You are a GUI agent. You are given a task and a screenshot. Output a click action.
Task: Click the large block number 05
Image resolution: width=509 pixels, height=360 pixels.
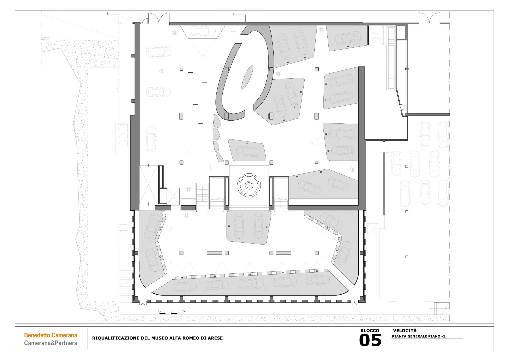[370, 341]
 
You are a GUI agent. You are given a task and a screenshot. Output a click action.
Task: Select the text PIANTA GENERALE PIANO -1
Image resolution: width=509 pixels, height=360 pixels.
[418, 336]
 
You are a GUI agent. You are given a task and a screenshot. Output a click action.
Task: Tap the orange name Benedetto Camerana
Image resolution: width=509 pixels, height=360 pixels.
[51, 335]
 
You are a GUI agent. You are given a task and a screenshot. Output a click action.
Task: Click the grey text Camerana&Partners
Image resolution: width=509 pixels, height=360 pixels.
[51, 343]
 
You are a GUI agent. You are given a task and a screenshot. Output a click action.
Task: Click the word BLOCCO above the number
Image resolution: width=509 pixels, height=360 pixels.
[370, 331]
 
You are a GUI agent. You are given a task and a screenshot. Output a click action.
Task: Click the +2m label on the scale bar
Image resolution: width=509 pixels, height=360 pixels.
[183, 311]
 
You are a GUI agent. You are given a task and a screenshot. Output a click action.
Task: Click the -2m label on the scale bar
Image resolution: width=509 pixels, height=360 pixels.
[160, 311]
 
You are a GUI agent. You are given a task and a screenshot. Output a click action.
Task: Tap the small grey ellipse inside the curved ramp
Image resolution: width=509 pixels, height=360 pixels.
[247, 77]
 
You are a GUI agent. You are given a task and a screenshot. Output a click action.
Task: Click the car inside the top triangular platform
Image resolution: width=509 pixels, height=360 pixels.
[202, 31]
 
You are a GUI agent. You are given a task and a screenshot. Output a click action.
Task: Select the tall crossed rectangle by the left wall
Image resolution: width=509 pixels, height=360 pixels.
[148, 185]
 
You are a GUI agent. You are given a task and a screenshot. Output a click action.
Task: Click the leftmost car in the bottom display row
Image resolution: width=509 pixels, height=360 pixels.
[185, 287]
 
